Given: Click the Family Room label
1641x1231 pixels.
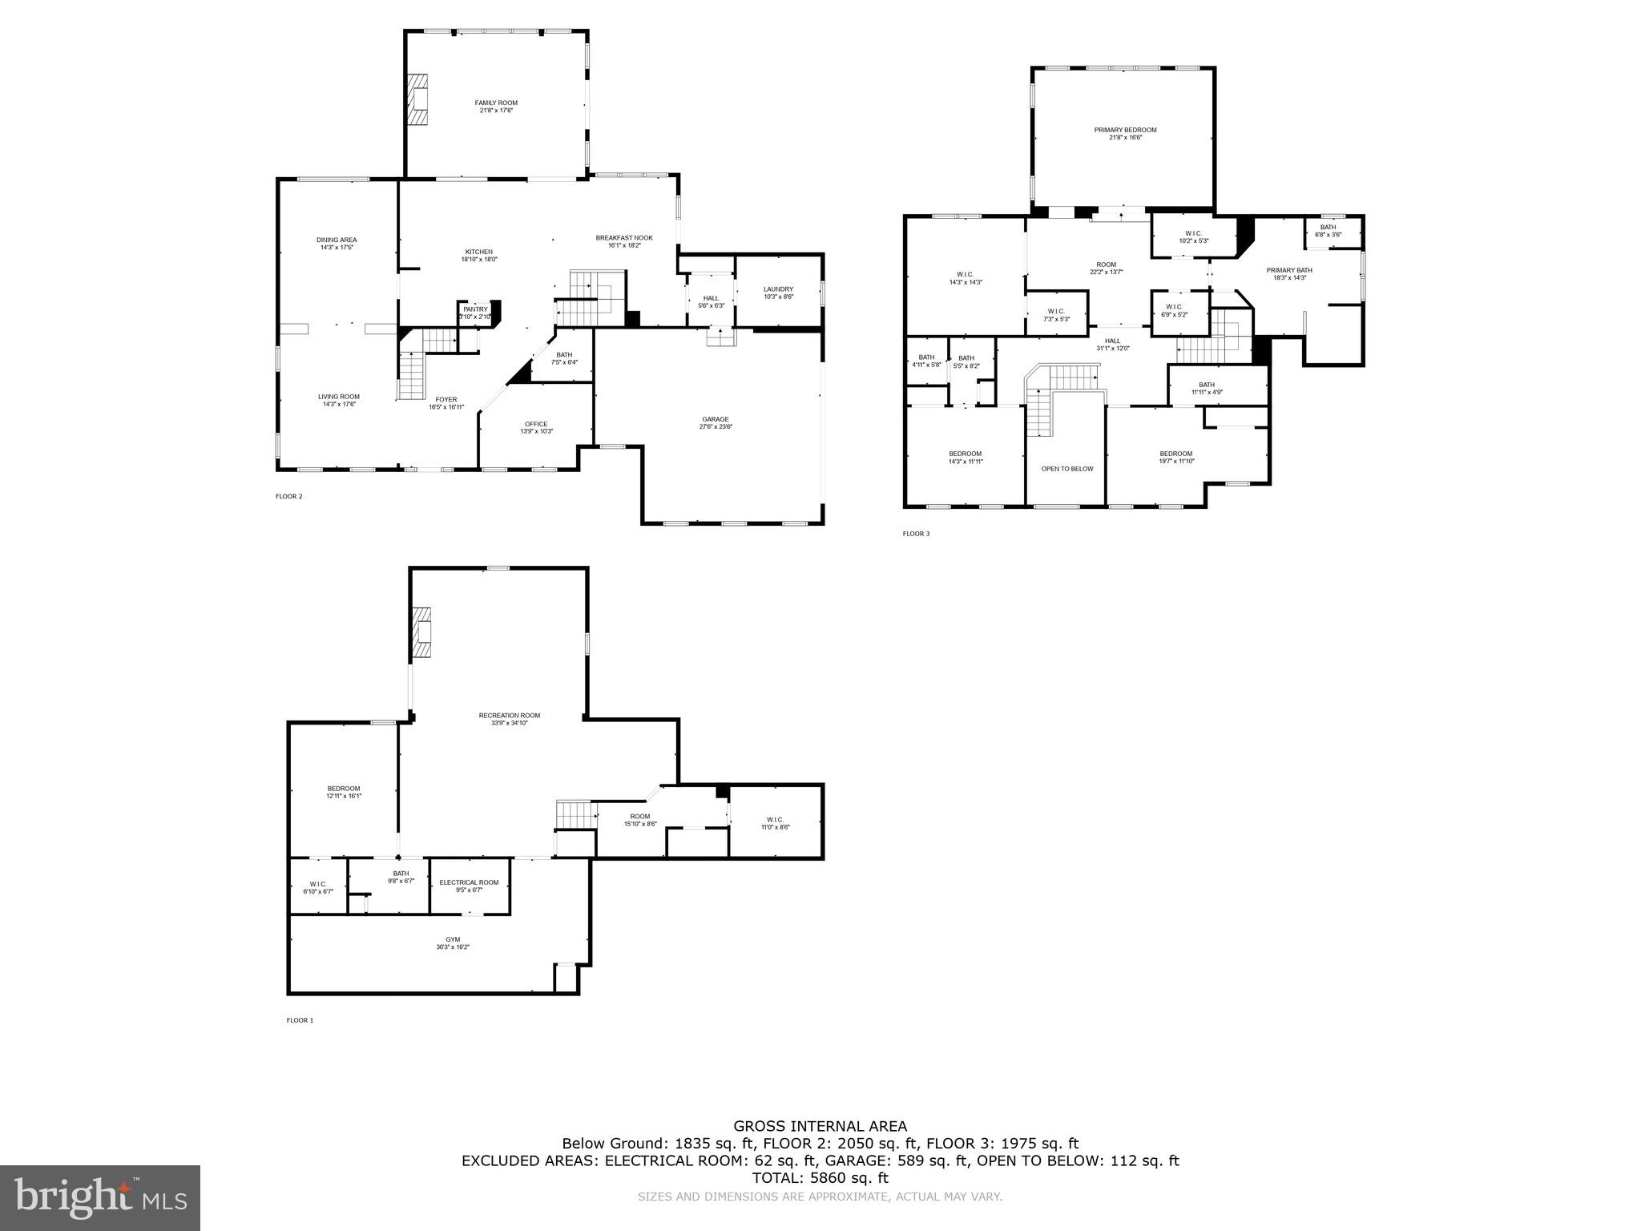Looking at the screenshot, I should (x=496, y=103).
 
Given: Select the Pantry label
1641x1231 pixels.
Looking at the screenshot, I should (x=475, y=309).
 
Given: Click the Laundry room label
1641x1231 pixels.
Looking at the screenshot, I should (x=778, y=289).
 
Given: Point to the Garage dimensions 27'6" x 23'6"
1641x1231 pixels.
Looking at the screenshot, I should (x=716, y=427).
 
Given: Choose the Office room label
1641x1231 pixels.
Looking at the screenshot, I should (x=536, y=424).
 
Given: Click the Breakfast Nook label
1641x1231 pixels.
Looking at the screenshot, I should (x=624, y=238).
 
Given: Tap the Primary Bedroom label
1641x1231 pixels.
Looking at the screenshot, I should (x=1125, y=130).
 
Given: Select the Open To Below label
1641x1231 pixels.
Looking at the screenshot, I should (x=1066, y=469).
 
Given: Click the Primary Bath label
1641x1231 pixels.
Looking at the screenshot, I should (x=1289, y=270).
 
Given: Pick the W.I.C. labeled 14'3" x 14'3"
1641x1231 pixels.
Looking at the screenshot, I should (x=966, y=274).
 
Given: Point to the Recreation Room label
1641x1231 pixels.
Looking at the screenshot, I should (x=510, y=716).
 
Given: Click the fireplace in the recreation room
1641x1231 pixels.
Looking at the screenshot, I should (x=421, y=632).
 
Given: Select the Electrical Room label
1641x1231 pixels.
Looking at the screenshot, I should (x=469, y=882).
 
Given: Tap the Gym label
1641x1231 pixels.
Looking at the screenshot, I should (x=453, y=939).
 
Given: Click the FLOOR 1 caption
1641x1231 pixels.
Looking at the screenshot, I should (x=300, y=1020).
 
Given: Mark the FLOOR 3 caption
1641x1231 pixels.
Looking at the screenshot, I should (x=916, y=534).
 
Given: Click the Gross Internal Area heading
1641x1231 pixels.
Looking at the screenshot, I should (x=820, y=1126).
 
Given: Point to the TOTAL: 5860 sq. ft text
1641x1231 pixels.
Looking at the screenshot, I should (x=820, y=1177).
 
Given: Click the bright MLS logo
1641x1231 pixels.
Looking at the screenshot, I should (x=100, y=1197).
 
